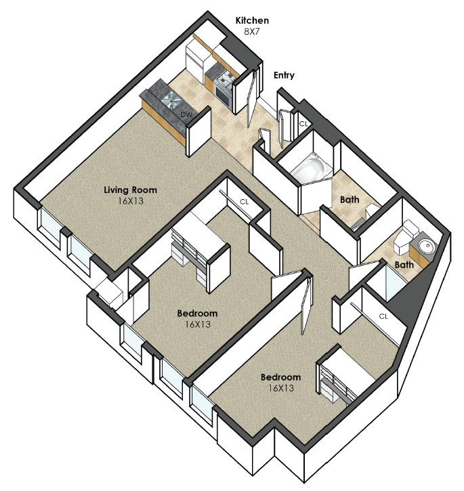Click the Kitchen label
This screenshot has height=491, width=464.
point(252,21)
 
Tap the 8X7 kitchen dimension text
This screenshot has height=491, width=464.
point(252,32)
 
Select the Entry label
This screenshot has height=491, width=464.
point(284,75)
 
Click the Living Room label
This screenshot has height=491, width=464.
point(130,190)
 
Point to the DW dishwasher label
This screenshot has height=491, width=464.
point(186,114)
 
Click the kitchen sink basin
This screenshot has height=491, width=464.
point(171,100)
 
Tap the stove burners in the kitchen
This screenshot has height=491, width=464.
point(226,77)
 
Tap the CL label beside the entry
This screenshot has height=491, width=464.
point(303,124)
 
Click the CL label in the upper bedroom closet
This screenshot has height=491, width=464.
point(244,202)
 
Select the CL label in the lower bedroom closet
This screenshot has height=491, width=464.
point(383,316)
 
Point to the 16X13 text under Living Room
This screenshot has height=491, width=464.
point(130,201)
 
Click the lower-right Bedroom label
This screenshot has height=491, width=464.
point(280,377)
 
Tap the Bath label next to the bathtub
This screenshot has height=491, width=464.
point(350,200)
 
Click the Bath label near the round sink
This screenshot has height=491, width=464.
point(404,265)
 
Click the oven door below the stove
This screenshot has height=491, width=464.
point(224,93)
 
